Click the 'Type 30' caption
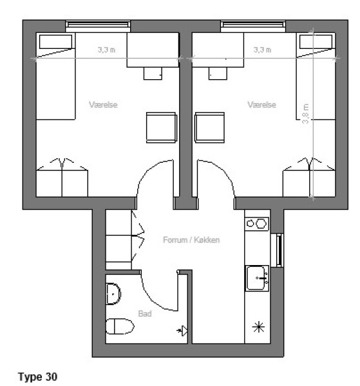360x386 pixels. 37,376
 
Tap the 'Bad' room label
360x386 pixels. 145,314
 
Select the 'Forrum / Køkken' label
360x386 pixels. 191,240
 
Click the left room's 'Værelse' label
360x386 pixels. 103,105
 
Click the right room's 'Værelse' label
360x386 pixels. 261,105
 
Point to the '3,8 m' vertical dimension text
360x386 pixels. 305,113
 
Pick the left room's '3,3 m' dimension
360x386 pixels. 106,50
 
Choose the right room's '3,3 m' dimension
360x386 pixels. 262,50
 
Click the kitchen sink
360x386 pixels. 257,278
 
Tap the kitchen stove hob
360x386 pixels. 257,224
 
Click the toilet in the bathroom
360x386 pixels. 120,326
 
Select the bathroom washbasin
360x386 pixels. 113,294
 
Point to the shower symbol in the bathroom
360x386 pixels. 183,331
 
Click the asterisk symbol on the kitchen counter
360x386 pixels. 258,327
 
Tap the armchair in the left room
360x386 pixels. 162,127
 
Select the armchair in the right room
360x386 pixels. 210,127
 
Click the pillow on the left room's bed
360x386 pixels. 55,42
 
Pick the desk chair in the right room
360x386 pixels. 218,73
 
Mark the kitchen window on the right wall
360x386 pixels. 278,250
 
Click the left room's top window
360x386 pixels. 98,26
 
